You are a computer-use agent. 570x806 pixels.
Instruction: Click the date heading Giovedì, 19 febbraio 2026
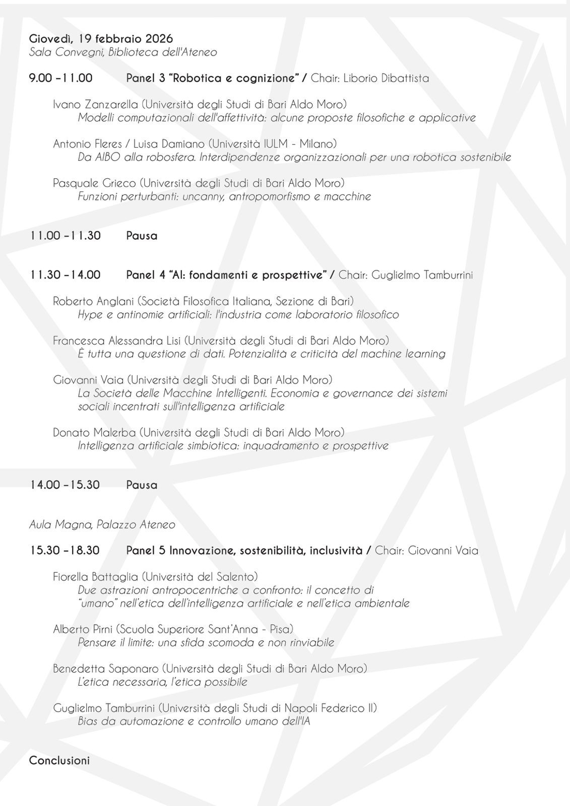101,39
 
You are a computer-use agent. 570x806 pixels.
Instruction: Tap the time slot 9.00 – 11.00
61,78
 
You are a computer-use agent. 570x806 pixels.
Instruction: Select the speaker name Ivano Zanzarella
95,104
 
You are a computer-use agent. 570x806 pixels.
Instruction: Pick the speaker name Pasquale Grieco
94,183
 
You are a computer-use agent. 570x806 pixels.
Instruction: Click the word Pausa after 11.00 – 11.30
142,236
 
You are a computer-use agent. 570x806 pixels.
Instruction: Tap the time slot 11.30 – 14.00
65,275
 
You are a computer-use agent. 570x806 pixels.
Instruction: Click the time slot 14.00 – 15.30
65,485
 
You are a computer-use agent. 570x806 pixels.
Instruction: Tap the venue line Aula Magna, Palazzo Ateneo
102,525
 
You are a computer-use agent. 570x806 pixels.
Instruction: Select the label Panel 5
146,551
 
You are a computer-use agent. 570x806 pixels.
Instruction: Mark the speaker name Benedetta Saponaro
105,668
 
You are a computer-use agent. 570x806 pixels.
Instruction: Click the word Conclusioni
59,760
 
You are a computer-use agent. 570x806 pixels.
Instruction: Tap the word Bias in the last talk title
88,721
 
